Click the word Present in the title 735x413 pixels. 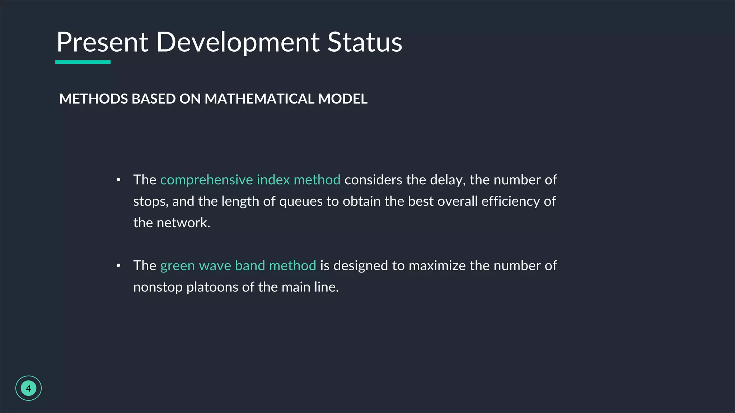pyautogui.click(x=102, y=42)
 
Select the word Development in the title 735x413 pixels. pyautogui.click(x=238, y=42)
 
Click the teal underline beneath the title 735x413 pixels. pyautogui.click(x=83, y=62)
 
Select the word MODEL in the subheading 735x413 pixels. pyautogui.click(x=343, y=99)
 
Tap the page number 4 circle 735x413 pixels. pyautogui.click(x=28, y=388)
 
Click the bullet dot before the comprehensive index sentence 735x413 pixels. pyautogui.click(x=118, y=180)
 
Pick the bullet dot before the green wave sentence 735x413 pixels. pyautogui.click(x=118, y=266)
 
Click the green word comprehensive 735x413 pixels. pyautogui.click(x=206, y=180)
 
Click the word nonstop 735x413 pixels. pyautogui.click(x=158, y=288)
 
